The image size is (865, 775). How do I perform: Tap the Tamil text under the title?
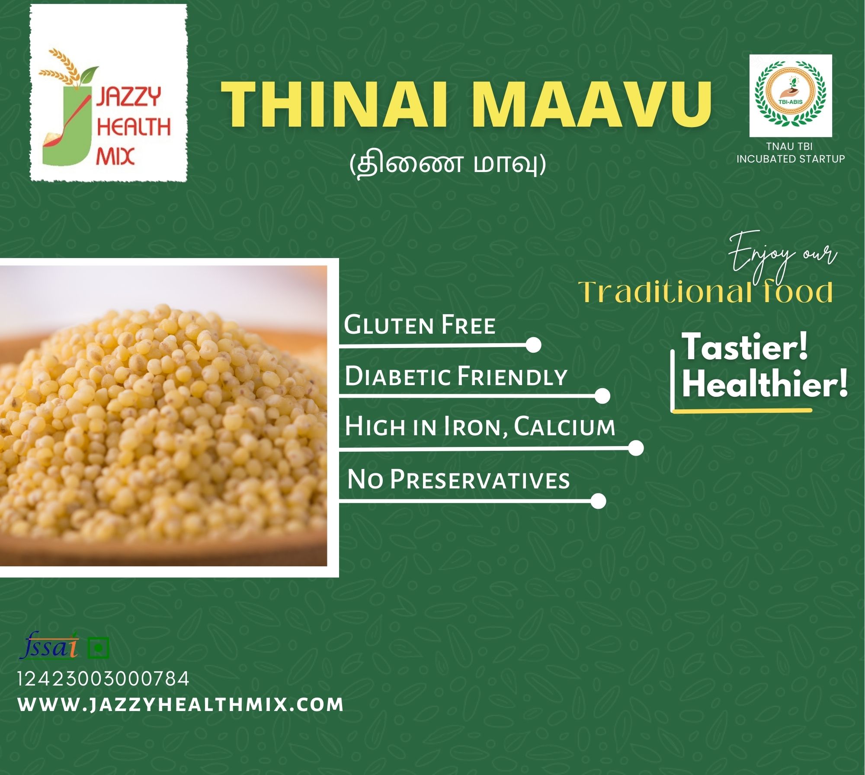click(447, 165)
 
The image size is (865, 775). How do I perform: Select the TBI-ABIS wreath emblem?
click(791, 96)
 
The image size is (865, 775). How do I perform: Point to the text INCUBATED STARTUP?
click(791, 159)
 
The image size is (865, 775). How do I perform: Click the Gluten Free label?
click(420, 325)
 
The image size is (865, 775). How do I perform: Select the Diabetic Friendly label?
click(456, 376)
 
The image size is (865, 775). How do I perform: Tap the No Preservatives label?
click(458, 480)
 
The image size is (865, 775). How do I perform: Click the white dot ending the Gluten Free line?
click(534, 345)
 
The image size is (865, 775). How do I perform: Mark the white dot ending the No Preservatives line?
click(598, 501)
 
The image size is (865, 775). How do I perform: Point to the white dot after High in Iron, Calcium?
click(636, 448)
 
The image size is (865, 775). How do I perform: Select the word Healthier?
click(765, 384)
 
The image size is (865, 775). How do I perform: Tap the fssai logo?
click(49, 646)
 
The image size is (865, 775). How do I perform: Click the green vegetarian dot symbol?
click(98, 648)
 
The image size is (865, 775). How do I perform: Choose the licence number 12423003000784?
click(103, 679)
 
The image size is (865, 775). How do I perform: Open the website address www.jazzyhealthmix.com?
click(181, 705)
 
